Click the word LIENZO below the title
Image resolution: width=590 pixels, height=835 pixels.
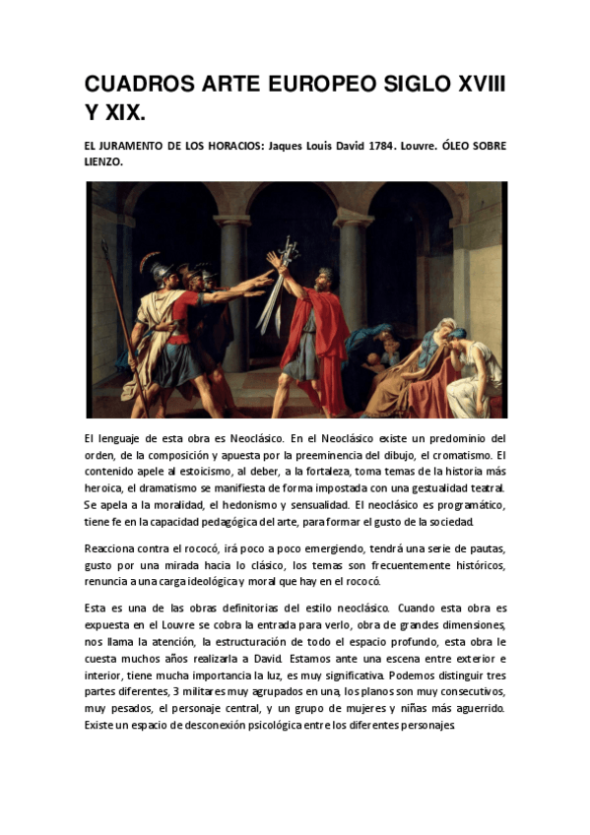pos(103,162)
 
